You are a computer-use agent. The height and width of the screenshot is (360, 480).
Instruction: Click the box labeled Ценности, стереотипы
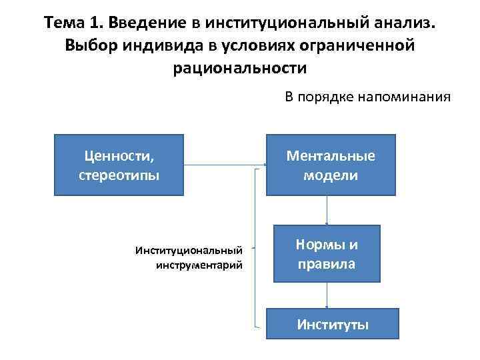coord(119,165)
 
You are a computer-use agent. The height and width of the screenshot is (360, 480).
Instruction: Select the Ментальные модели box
coord(331,165)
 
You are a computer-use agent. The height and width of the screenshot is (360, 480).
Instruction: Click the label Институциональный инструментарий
coord(189,257)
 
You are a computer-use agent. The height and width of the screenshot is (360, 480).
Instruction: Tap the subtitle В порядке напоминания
coord(367,97)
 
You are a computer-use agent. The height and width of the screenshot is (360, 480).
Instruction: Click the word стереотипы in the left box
coord(119,175)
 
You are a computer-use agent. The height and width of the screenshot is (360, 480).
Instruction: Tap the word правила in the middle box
coord(327,264)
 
